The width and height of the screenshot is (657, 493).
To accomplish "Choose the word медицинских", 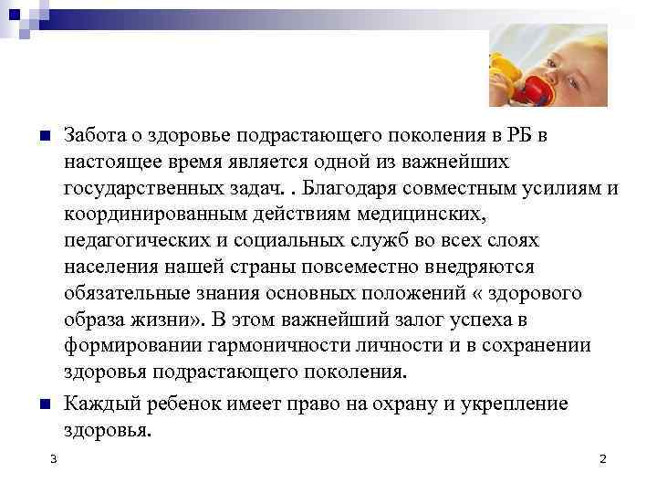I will coord(428,215).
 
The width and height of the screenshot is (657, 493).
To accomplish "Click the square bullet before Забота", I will coord(44,137).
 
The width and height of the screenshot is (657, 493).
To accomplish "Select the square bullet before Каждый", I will coord(44,403).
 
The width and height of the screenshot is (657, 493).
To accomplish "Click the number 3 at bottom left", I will coord(55,458).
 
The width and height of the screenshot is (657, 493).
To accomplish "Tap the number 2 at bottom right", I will coord(602,458).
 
